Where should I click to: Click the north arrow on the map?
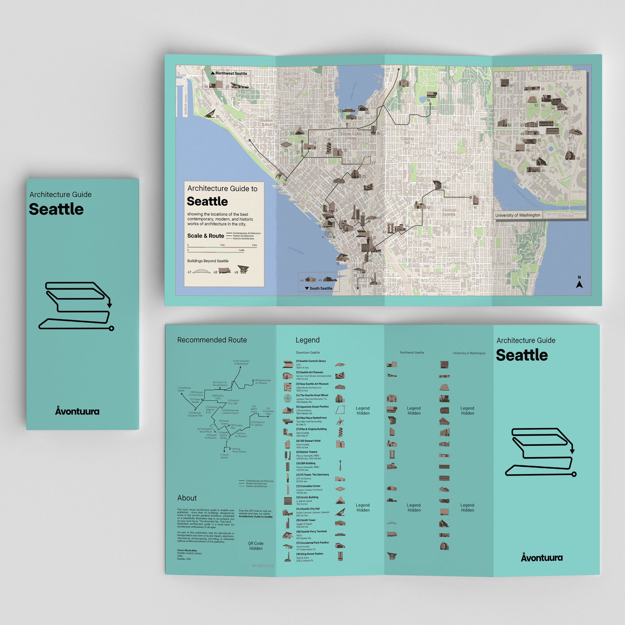(x=579, y=283)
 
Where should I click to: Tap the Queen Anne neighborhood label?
(x=267, y=122)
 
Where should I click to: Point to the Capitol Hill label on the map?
(x=407, y=141)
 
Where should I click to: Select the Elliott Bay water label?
(x=296, y=250)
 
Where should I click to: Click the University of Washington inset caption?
(x=518, y=215)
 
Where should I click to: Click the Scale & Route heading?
(x=205, y=236)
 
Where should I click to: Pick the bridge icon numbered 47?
(x=201, y=271)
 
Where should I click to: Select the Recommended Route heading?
(x=212, y=340)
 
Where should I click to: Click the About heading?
(x=187, y=498)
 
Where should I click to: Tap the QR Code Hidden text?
(x=256, y=546)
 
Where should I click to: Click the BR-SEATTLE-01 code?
(x=263, y=566)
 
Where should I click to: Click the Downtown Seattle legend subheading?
(x=308, y=353)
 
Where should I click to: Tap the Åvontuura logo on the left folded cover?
(x=77, y=411)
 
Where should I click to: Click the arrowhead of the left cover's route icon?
(x=110, y=305)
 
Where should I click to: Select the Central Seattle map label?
(x=449, y=212)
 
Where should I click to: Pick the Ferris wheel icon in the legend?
(x=287, y=398)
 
